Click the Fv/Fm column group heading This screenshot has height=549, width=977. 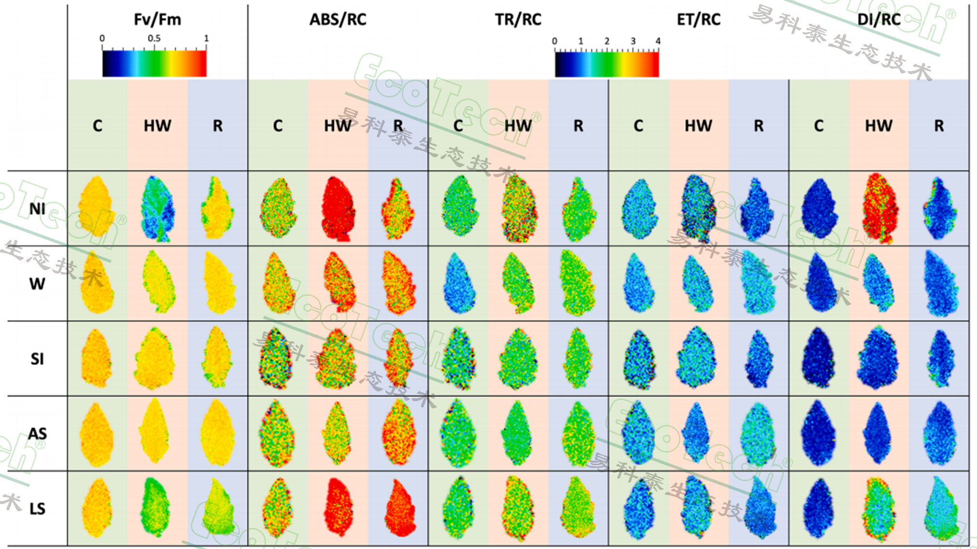(158, 20)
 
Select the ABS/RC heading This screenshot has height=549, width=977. (338, 20)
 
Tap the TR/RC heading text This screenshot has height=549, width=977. (518, 20)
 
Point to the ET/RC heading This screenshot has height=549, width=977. (698, 20)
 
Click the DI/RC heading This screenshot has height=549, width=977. (879, 20)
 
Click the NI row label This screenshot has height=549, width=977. (37, 209)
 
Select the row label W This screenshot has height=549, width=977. (37, 284)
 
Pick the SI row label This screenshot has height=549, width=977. (37, 359)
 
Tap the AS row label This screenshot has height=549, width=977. (37, 434)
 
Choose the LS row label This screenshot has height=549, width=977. (37, 509)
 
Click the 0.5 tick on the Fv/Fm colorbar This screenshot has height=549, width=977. (154, 38)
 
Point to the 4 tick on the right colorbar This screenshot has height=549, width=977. (658, 41)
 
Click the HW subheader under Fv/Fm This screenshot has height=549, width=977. (158, 126)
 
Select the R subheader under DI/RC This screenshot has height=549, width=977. (939, 126)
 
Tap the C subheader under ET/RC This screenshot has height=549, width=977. (638, 126)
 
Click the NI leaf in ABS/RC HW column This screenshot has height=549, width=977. (338, 209)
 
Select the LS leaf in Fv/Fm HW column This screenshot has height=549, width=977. (155, 507)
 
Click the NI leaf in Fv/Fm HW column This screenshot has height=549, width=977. (158, 209)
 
